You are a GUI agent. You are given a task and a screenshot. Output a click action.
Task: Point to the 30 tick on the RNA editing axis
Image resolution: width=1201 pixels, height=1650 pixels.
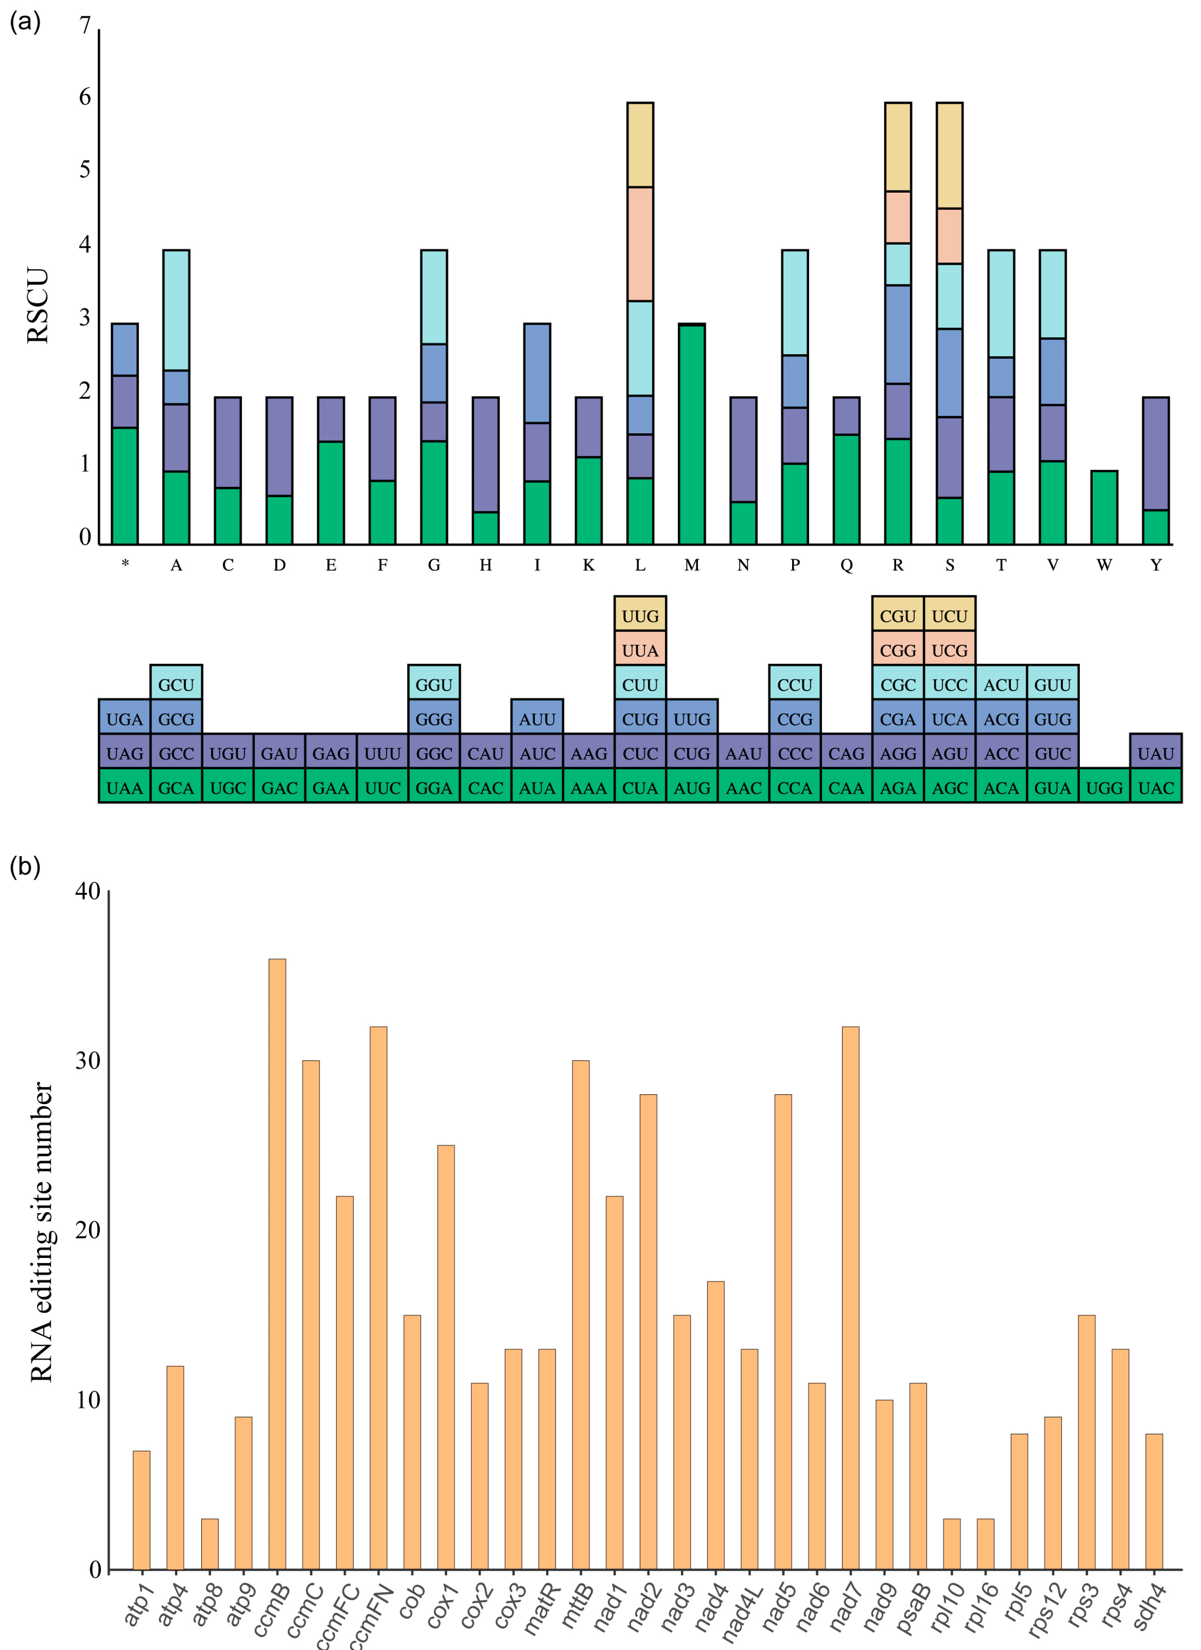(87, 1061)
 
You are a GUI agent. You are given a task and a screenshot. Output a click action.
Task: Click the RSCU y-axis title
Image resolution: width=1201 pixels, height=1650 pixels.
(38, 306)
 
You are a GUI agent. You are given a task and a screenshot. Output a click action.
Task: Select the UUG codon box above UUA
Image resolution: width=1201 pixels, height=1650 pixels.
(640, 616)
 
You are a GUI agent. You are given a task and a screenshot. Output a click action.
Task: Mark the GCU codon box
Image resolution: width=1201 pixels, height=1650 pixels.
(176, 685)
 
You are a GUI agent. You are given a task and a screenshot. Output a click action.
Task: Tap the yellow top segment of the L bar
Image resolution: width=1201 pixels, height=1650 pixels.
(640, 145)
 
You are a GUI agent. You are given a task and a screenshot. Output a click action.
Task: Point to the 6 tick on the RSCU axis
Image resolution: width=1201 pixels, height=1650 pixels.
(85, 97)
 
